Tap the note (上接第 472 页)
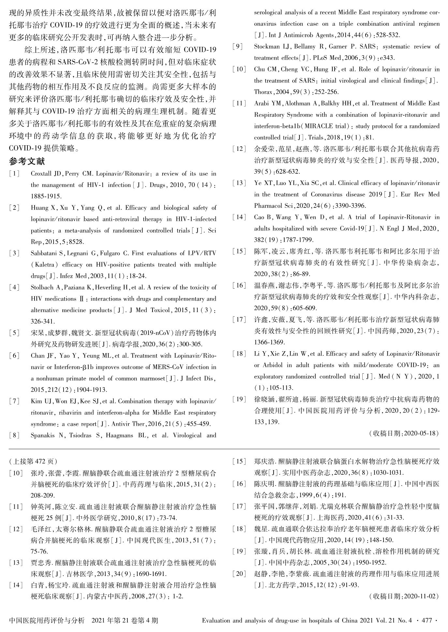click(x=33, y=461)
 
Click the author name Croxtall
click(x=41, y=174)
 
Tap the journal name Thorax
click(x=263, y=92)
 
